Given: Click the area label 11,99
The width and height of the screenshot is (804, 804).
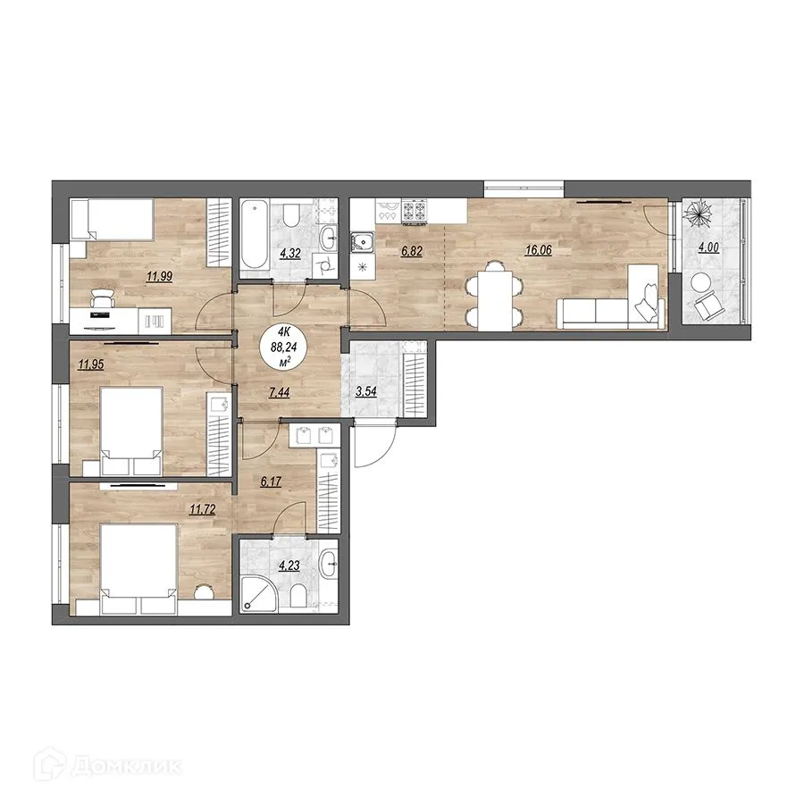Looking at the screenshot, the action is click(160, 277).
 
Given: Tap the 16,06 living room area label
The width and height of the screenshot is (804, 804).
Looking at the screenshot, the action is click(538, 251).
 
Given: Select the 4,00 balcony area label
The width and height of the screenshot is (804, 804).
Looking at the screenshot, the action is click(708, 247).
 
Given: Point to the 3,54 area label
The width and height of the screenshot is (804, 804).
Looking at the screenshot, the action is click(366, 391).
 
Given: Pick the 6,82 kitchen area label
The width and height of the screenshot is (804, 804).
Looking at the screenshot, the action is click(411, 251).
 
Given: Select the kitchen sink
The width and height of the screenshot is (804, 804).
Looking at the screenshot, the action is click(363, 242).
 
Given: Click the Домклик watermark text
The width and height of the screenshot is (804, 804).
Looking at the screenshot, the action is click(126, 766).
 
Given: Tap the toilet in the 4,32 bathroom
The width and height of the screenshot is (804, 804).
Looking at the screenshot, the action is click(290, 215).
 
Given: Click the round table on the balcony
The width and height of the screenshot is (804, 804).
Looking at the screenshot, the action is click(699, 281).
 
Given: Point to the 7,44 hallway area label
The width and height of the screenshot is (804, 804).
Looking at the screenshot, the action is click(280, 393).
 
